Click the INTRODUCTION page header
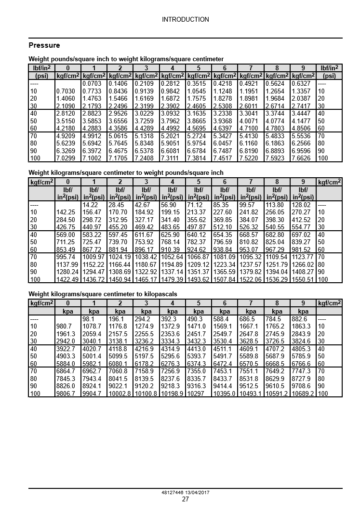(x=185, y=20)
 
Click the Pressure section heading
(x=44, y=45)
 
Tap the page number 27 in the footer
(x=185, y=499)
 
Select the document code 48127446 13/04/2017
(x=185, y=493)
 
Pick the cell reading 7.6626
(x=301, y=158)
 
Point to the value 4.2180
(x=66, y=128)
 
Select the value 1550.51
(x=303, y=279)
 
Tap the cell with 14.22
(x=91, y=205)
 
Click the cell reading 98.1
(x=89, y=319)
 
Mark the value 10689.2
(x=303, y=394)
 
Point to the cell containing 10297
(x=196, y=394)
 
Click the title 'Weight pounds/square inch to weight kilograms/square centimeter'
(x=126, y=59)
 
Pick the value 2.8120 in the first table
(x=66, y=113)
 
